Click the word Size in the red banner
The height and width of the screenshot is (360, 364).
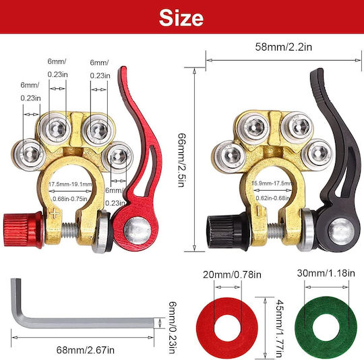click(x=181, y=18)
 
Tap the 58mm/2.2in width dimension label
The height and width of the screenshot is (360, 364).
click(x=283, y=47)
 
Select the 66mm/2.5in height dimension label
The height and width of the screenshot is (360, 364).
click(x=181, y=160)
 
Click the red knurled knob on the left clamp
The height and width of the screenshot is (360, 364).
click(x=23, y=230)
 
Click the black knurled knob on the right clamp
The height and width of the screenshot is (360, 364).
click(x=228, y=231)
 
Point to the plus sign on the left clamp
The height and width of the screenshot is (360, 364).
click(x=54, y=213)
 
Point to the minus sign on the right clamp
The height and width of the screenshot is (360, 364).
click(x=257, y=211)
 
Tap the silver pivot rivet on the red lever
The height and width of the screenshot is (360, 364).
click(x=138, y=231)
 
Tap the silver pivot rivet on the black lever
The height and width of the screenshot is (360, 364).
click(x=341, y=231)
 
